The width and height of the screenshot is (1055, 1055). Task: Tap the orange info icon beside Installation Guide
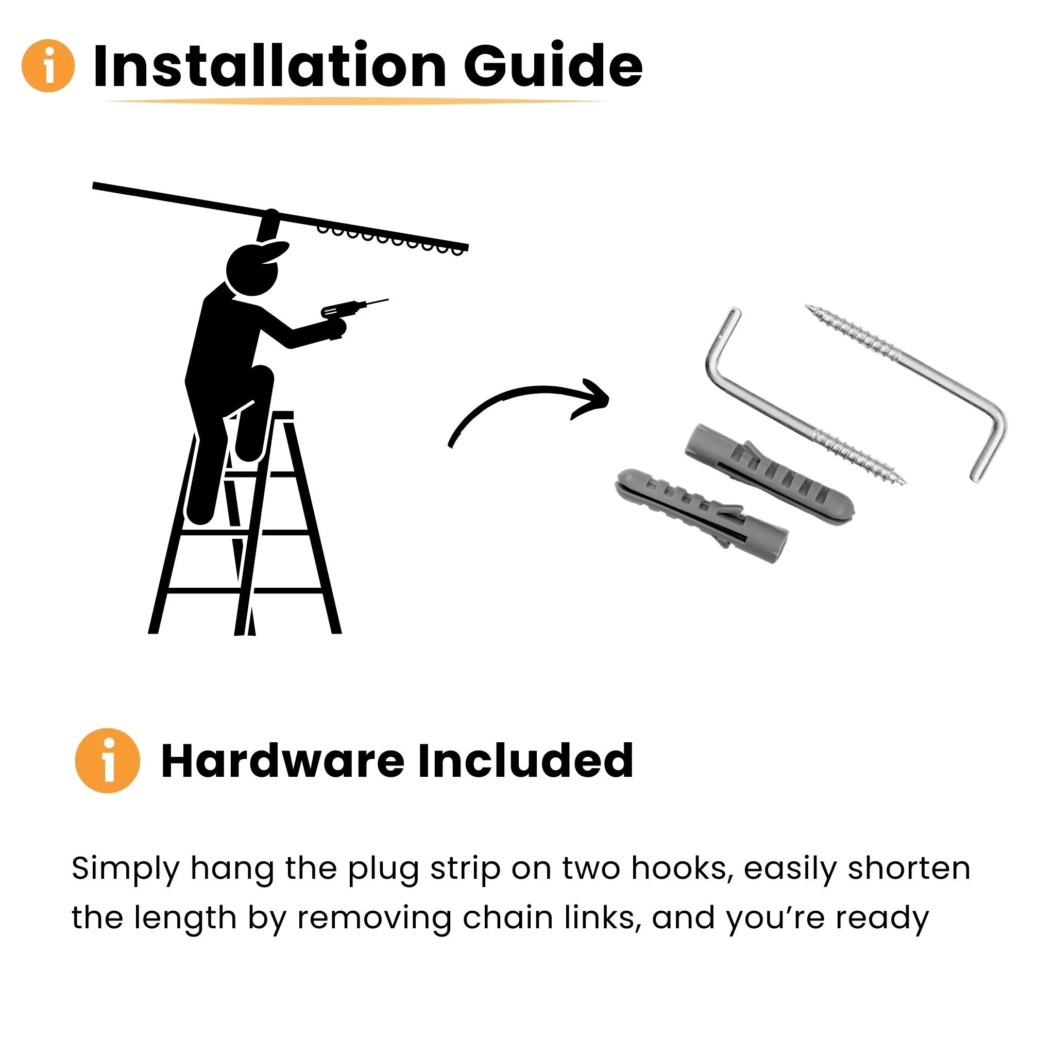(x=48, y=65)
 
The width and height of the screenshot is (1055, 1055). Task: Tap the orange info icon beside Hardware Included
(x=108, y=760)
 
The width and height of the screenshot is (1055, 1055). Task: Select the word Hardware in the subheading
(x=283, y=760)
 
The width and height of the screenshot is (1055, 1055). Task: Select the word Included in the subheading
(x=525, y=760)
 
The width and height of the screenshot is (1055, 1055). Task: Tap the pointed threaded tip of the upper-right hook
(x=809, y=307)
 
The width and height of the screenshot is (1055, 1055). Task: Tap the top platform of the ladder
(x=267, y=416)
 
